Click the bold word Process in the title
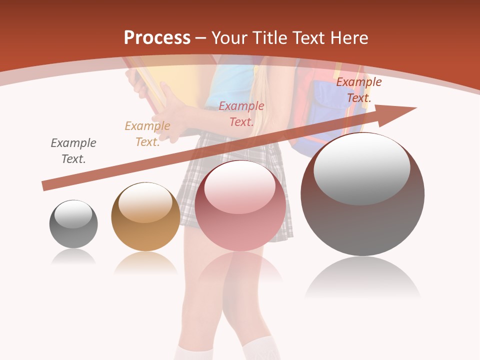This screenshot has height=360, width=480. coord(157,37)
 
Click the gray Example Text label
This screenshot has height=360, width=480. coord(73,150)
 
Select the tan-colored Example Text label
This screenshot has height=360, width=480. coord(147,133)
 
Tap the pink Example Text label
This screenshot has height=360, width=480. coord(241,113)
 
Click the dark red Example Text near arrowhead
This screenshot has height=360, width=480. coord(358,89)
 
